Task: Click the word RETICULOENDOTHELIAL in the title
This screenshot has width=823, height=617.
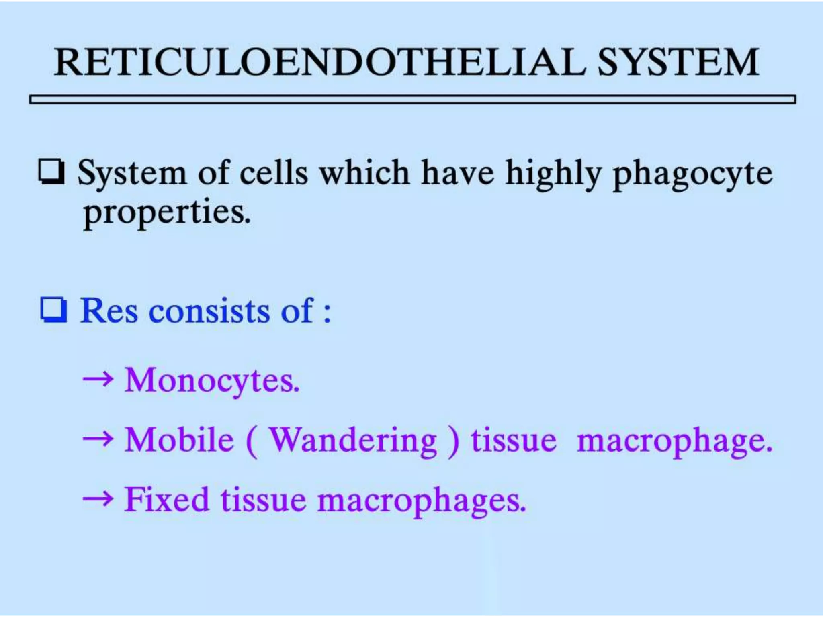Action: click(319, 62)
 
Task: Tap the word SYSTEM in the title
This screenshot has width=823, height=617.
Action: click(678, 62)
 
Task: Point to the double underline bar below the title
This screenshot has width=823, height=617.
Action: click(412, 99)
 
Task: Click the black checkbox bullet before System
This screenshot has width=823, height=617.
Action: click(51, 172)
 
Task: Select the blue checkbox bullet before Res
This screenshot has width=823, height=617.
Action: click(53, 310)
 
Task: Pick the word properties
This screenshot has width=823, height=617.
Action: click(167, 213)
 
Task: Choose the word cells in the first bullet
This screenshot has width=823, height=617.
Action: click(274, 173)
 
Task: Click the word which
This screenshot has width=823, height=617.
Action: click(364, 173)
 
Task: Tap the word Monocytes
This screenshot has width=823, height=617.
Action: click(212, 380)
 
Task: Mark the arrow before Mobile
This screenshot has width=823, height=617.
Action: click(98, 439)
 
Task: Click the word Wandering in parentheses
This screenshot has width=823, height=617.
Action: click(352, 441)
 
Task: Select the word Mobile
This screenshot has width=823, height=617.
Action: click(179, 440)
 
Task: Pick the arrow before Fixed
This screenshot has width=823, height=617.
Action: click(98, 499)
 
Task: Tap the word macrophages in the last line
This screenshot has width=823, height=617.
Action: click(422, 501)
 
